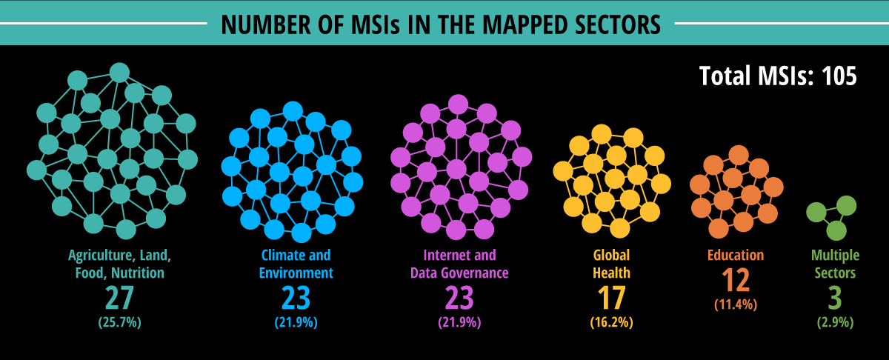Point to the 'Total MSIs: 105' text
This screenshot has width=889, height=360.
[x=778, y=76]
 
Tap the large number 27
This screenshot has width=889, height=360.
[x=119, y=298]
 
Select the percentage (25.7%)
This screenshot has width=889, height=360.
[x=119, y=322]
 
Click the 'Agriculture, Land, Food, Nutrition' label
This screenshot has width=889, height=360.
[x=119, y=264]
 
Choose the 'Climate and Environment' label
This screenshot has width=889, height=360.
[x=296, y=264]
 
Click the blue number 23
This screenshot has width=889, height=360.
[x=296, y=298]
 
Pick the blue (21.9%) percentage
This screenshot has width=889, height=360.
[x=296, y=322]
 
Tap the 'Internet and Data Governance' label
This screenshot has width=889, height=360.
[x=459, y=264]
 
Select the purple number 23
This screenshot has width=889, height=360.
[x=459, y=298]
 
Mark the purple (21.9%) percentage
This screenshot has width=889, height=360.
[x=459, y=322]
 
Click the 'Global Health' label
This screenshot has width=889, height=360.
[x=612, y=264]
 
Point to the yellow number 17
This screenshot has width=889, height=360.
[x=612, y=298]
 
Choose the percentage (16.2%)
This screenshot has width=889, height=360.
[x=612, y=322]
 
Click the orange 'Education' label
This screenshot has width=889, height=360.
[x=735, y=256]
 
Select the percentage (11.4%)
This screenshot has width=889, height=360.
[x=735, y=304]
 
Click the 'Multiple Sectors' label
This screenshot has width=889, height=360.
[x=835, y=264]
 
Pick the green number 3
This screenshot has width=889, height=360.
[x=835, y=298]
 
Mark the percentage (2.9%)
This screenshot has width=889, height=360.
[x=835, y=322]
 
